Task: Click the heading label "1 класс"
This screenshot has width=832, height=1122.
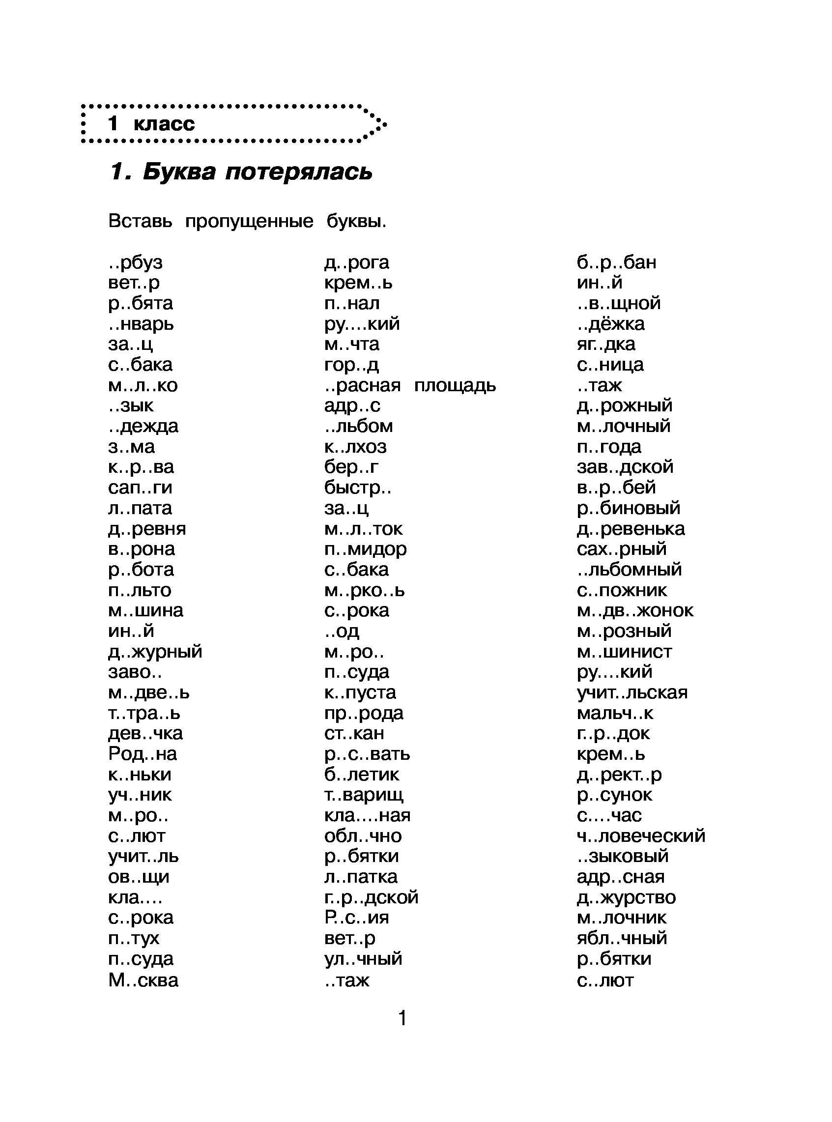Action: (150, 124)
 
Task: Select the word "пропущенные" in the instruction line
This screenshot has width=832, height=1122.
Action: (249, 221)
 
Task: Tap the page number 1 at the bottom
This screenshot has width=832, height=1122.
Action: (402, 1018)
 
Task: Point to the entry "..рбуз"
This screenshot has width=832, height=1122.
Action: (136, 262)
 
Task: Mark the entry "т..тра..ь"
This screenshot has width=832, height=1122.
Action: (144, 713)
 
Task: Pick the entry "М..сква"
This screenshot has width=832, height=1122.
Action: (143, 980)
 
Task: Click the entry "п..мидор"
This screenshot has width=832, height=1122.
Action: (365, 549)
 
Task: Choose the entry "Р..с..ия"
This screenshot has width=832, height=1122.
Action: (357, 918)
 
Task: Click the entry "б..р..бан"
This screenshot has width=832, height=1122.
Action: (616, 262)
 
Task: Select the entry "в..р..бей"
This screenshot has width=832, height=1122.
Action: (616, 488)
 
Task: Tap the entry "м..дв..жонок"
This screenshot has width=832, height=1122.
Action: (634, 610)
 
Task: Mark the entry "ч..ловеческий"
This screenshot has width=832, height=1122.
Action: (641, 836)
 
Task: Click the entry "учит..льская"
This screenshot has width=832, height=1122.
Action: (631, 692)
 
